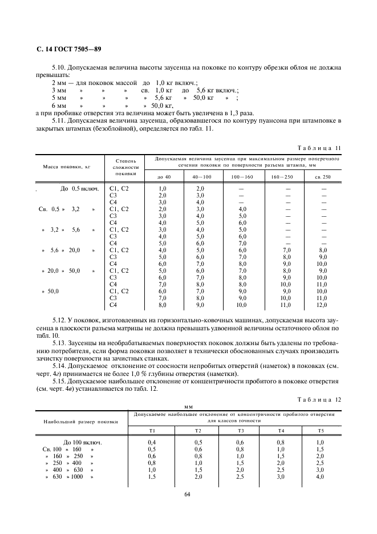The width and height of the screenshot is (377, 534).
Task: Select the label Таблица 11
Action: (320, 148)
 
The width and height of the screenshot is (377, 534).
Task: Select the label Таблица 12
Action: (320, 400)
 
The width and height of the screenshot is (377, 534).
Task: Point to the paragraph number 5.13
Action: (60, 342)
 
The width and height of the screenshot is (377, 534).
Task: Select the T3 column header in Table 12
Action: (241, 430)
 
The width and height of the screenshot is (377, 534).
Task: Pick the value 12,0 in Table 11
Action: (323, 305)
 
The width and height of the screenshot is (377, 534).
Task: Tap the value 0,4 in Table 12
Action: (152, 442)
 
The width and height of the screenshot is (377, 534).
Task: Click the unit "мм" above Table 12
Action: (189, 407)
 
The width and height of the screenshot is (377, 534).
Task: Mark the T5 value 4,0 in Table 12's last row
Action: (320, 476)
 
